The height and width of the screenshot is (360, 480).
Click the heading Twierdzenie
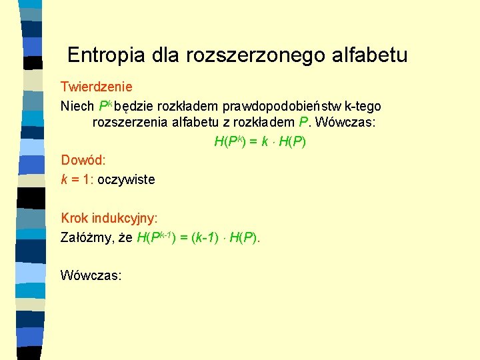tap(97, 87)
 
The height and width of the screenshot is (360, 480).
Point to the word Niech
tap(77, 106)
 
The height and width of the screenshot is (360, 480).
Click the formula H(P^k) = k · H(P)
tap(260, 141)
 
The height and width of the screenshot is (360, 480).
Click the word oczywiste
tap(126, 179)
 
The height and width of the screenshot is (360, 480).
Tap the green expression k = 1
tap(76, 179)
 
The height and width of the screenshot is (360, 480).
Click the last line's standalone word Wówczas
tap(91, 275)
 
